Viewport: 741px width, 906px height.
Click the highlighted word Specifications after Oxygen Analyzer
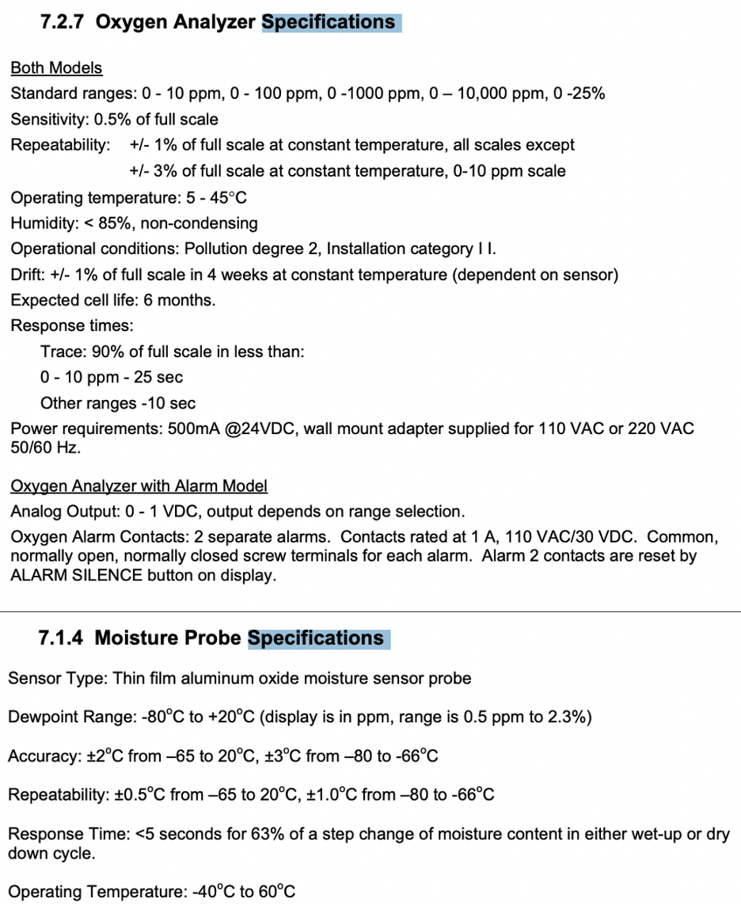(x=329, y=22)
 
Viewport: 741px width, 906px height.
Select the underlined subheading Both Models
(x=56, y=67)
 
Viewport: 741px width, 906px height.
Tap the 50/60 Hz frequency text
(x=47, y=447)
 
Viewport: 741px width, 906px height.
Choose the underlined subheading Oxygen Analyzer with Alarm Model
(x=139, y=485)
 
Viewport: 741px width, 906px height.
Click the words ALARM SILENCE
(x=76, y=575)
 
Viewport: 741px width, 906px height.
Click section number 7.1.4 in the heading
(x=62, y=638)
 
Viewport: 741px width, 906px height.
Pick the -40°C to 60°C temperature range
(x=244, y=892)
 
